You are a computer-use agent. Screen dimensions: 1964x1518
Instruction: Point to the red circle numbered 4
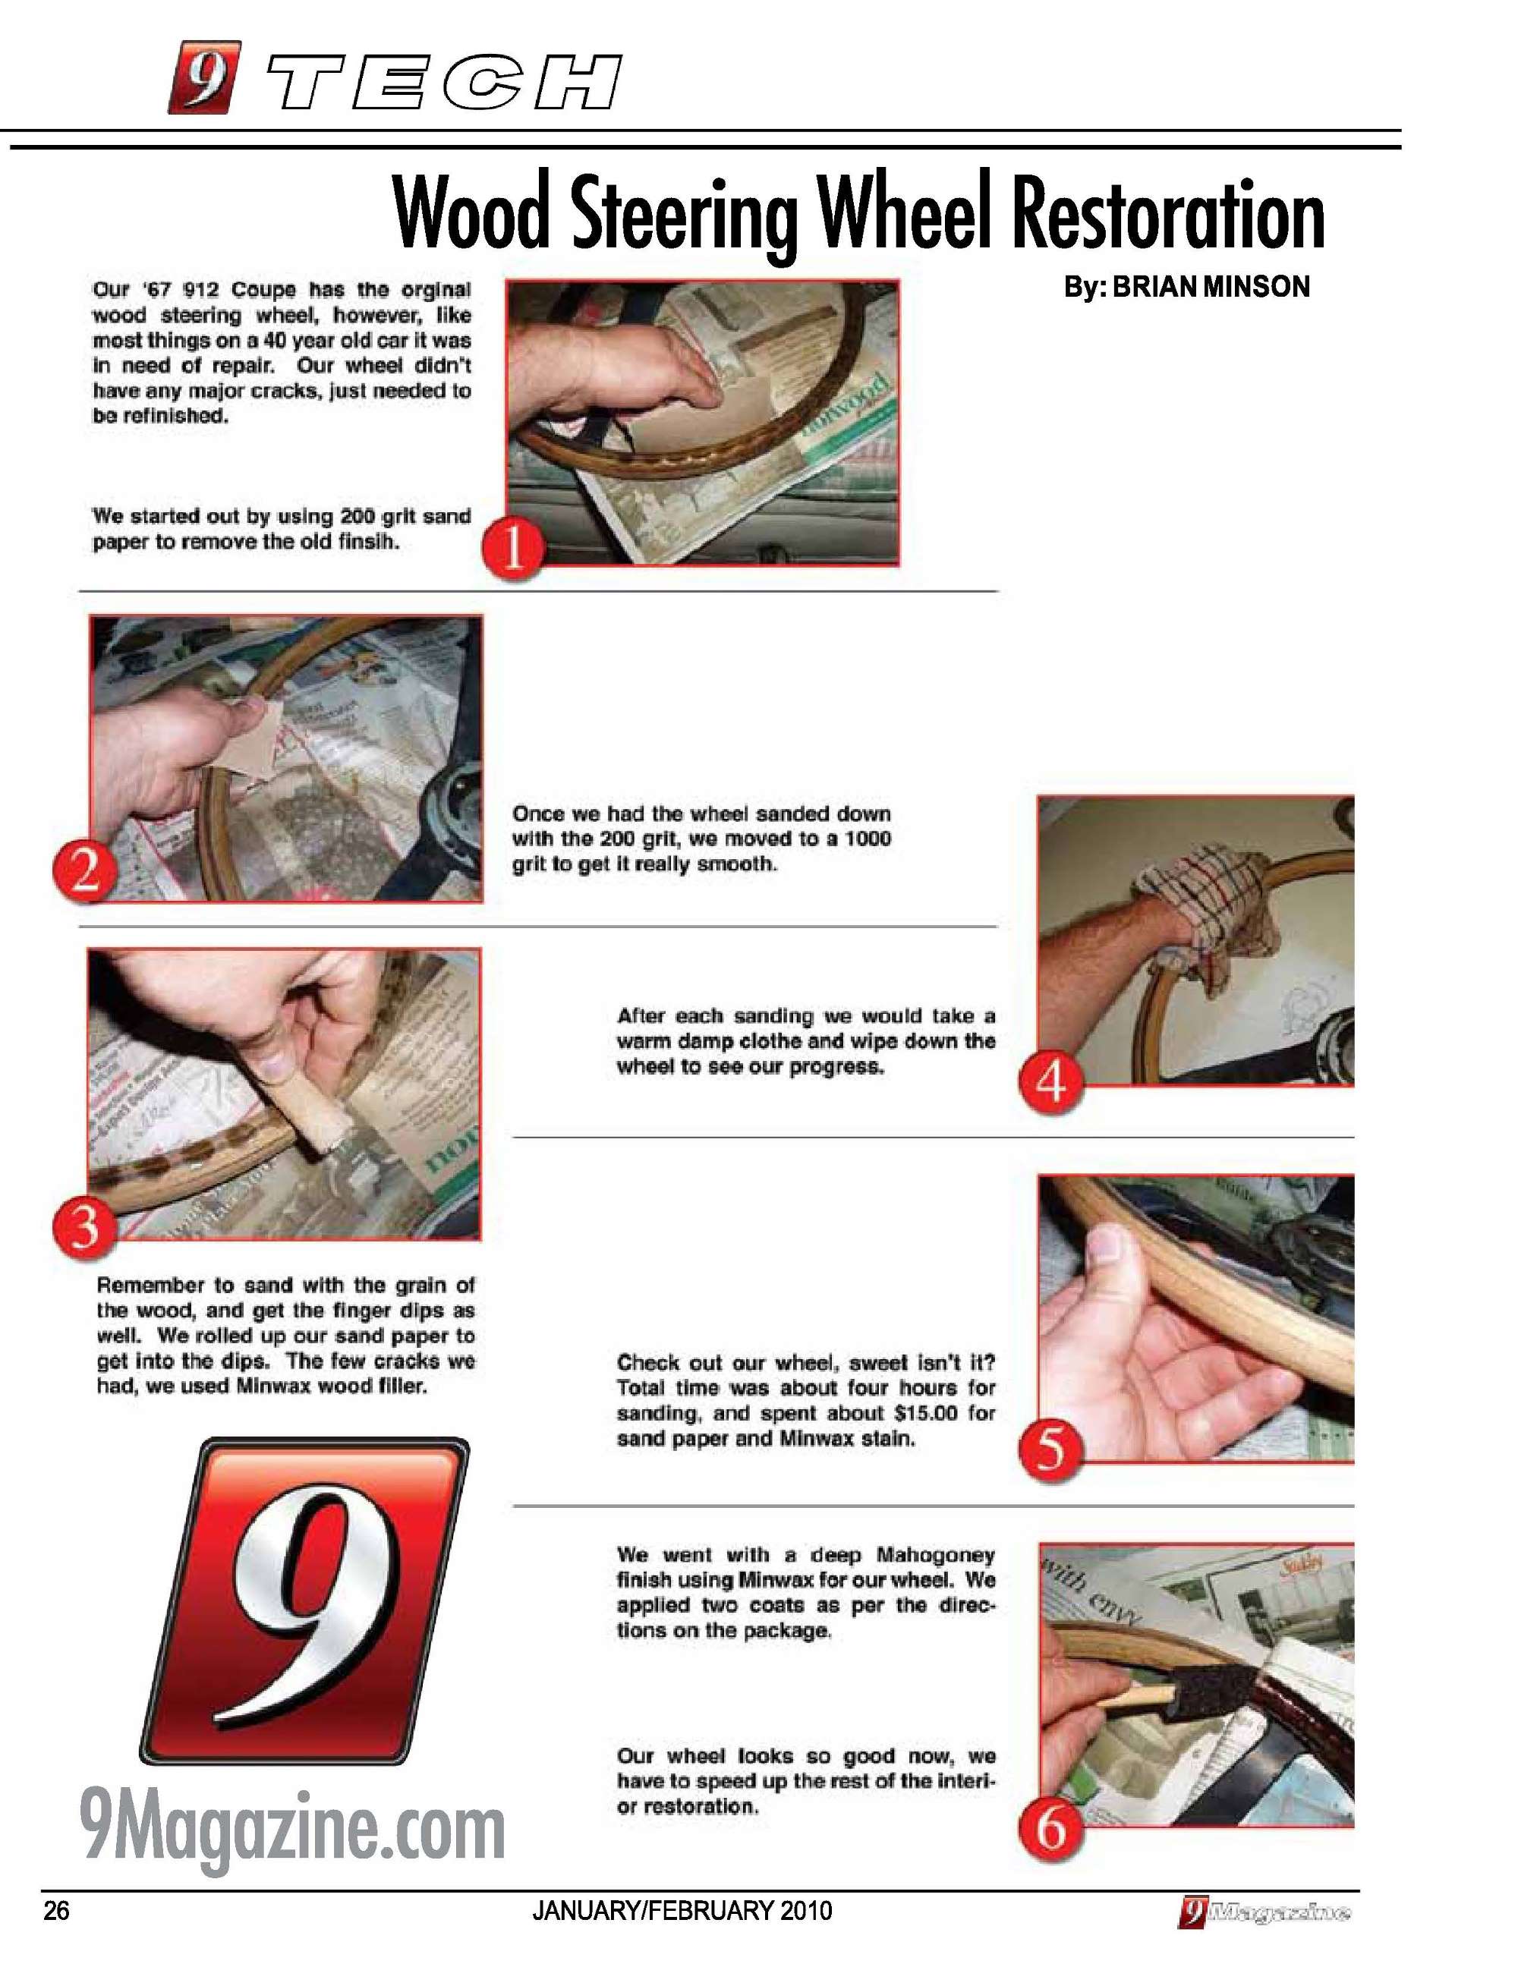point(1050,1084)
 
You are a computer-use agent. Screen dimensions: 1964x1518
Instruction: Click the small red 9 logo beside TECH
point(205,77)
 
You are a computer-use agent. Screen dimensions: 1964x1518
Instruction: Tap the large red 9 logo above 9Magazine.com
point(304,1600)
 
